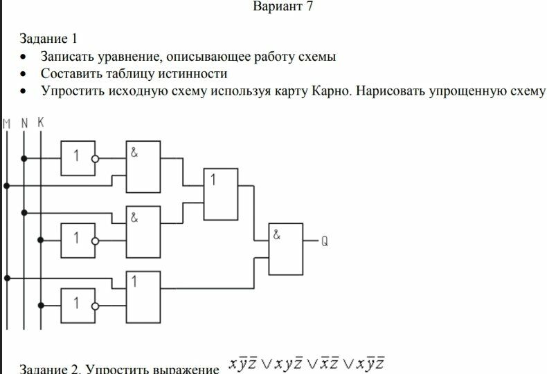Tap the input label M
[x=7, y=123]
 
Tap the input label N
[x=24, y=123]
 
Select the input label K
[x=40, y=122]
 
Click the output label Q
[x=325, y=241]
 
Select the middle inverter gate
[x=77, y=239]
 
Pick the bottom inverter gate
[x=77, y=305]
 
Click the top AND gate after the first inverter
[x=143, y=167]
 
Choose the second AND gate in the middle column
[x=143, y=232]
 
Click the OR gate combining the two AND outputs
[x=221, y=194]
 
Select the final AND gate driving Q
[x=286, y=248]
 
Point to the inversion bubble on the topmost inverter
[x=96, y=158]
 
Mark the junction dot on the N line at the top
[x=24, y=158]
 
